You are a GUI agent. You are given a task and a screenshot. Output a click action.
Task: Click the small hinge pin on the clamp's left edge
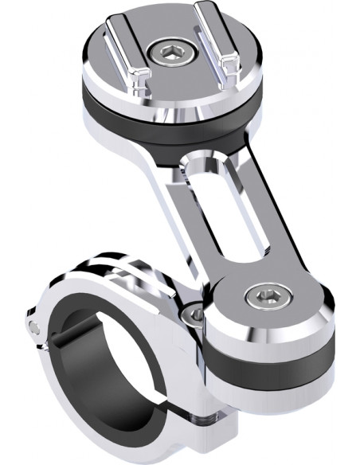point(33,326)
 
